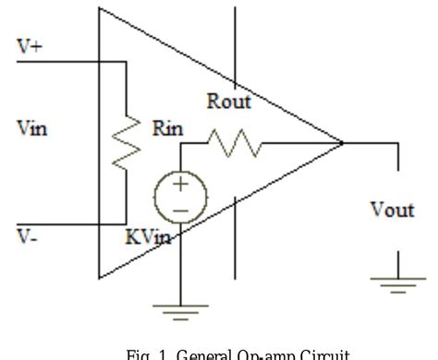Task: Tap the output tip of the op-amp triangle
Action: coord(342,143)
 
